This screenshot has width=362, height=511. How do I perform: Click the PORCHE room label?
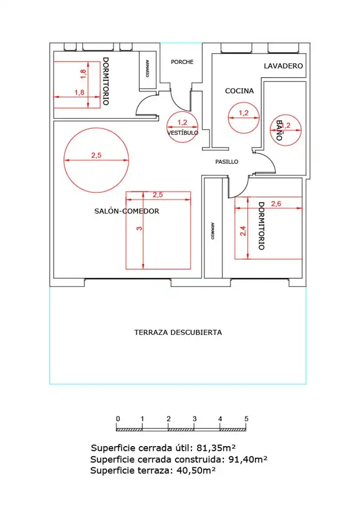click(x=182, y=62)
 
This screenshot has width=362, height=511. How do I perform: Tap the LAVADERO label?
click(x=283, y=66)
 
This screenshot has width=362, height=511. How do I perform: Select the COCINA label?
click(x=239, y=91)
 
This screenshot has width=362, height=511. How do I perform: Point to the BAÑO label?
click(x=279, y=130)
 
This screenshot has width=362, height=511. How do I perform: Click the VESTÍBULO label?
click(x=182, y=133)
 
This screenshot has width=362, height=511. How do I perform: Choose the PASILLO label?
click(x=227, y=162)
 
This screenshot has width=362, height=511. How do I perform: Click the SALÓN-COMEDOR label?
click(x=127, y=211)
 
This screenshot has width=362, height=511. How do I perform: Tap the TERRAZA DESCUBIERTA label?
click(x=178, y=332)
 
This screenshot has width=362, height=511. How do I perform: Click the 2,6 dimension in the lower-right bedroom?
click(x=276, y=204)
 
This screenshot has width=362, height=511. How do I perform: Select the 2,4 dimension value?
click(x=243, y=231)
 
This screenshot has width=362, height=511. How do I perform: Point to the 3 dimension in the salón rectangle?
click(x=139, y=228)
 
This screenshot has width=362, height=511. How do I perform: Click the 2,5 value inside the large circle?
click(x=96, y=155)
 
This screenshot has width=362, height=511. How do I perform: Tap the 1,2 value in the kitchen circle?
click(x=244, y=113)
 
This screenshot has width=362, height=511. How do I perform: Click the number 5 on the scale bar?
click(x=246, y=419)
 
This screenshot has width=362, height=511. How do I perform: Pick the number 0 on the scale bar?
click(x=118, y=419)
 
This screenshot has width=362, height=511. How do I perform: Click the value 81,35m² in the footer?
click(x=216, y=448)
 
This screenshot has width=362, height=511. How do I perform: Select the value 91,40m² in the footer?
click(x=248, y=459)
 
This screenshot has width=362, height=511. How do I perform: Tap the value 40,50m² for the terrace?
click(x=196, y=470)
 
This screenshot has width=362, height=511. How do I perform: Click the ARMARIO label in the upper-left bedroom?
click(x=147, y=69)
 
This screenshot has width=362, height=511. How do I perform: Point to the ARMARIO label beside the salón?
click(x=213, y=231)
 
